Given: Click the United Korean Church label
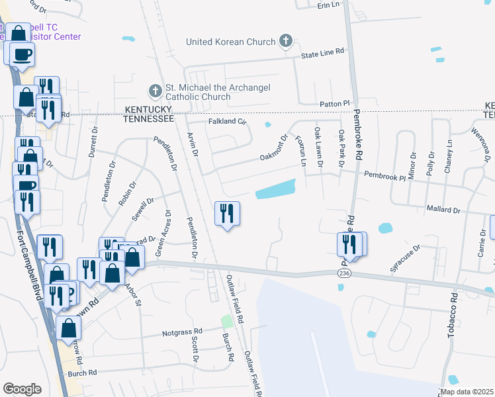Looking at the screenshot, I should coord(230,42).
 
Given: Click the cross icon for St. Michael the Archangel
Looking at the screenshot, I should coord(154,90).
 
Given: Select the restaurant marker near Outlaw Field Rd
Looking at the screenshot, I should coord(227,214).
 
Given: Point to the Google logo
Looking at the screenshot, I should coord(22,389).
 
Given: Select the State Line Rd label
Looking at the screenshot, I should coord(322,51).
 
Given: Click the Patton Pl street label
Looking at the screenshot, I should coord(336,104).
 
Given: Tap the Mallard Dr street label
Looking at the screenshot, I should coord(443,210).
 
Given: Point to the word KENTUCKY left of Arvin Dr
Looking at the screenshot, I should coord(148,108).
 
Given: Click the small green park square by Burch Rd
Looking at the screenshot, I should coord(227,322).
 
